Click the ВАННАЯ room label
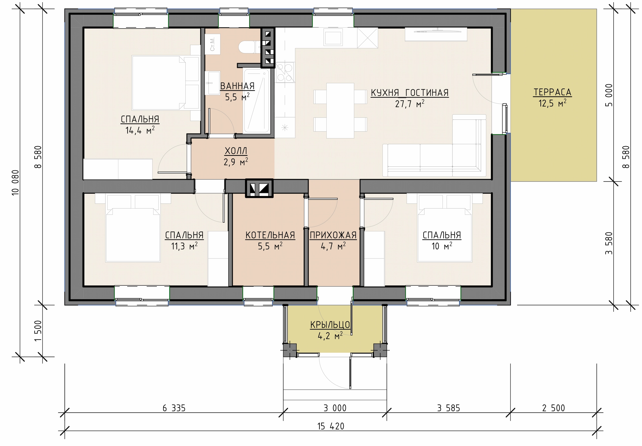[237, 86]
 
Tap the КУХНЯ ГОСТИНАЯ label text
[410, 93]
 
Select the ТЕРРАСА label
[552, 92]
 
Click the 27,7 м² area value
[410, 104]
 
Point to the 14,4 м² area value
[140, 130]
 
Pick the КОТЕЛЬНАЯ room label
[270, 235]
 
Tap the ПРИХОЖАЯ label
[333, 235]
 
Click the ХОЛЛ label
[236, 151]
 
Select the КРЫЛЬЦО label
[330, 325]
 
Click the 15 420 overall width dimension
[331, 426]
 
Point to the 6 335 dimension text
[174, 408]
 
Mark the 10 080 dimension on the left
[15, 182]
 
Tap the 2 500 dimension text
[553, 408]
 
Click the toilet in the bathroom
[247, 47]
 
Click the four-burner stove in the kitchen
[285, 72]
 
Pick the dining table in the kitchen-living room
[340, 110]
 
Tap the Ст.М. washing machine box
[212, 44]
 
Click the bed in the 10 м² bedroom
[445, 235]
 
